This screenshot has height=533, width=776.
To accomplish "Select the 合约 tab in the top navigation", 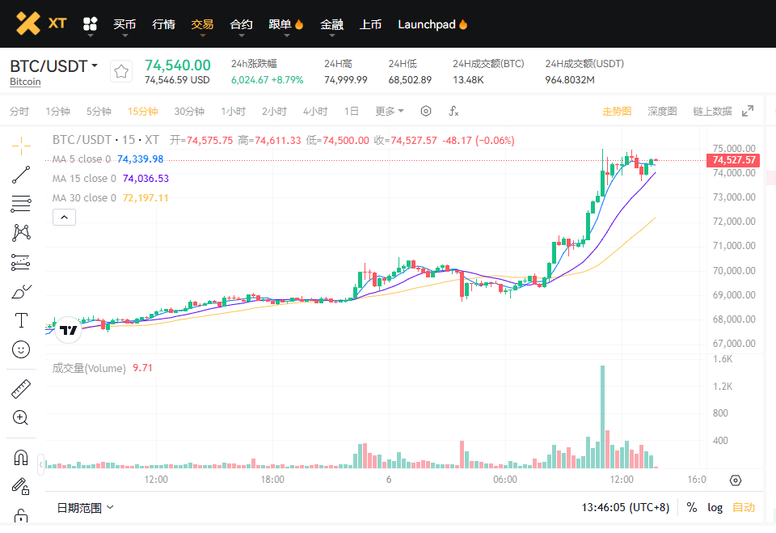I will tap(241, 24).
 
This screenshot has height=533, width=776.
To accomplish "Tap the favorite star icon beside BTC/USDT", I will tap(121, 72).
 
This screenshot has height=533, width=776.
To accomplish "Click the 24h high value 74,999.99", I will tap(345, 79).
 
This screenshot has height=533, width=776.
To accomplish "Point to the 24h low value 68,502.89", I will tap(410, 79).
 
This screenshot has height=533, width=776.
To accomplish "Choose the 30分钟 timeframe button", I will tap(189, 111).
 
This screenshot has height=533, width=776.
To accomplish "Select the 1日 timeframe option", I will tap(352, 111).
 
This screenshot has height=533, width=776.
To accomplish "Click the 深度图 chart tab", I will tap(662, 111).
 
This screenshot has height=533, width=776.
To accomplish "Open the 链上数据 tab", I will tap(712, 111).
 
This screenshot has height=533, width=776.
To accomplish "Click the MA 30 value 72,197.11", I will tap(145, 198).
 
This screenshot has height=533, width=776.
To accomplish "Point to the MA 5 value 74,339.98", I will tap(140, 159).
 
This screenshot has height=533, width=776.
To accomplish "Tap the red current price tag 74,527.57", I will tap(734, 160).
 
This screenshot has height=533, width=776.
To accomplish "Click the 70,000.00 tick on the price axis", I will tap(734, 270).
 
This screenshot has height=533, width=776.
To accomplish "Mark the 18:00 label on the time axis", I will tap(272, 480).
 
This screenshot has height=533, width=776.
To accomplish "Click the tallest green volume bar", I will tap(602, 417).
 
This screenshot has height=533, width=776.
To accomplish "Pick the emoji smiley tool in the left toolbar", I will tap(21, 349).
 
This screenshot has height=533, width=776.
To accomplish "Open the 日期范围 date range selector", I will tap(85, 507).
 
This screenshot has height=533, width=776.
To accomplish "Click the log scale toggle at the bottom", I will tap(715, 507).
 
